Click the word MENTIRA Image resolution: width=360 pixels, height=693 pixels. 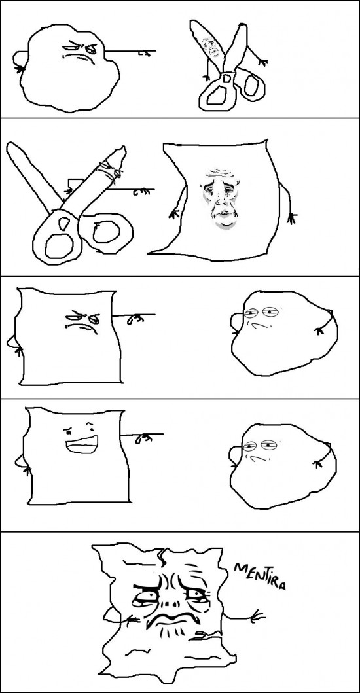tap(260, 577)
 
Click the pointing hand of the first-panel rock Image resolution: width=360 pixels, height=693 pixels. tap(143, 53)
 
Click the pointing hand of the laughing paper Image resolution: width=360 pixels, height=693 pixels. tap(143, 438)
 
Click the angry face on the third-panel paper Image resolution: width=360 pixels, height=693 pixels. tap(82, 322)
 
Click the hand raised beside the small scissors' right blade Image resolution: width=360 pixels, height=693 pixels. tap(262, 62)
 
